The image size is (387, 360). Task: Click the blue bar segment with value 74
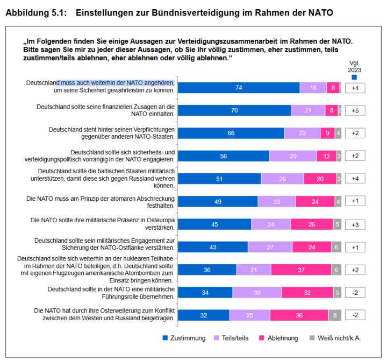click(x=239, y=88)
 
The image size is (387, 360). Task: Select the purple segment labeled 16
click(x=313, y=88)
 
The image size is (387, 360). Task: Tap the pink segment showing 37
click(x=301, y=270)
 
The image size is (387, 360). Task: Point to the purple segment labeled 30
click(x=257, y=293)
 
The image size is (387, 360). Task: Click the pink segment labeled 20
click(x=319, y=179)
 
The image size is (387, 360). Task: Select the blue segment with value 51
click(x=219, y=179)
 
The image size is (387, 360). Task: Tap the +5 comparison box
click(x=355, y=110)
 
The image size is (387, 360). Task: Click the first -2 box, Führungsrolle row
click(x=355, y=293)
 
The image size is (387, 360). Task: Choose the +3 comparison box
click(x=355, y=224)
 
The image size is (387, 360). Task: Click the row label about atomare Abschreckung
click(x=101, y=201)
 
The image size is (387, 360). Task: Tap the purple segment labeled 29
click(x=292, y=156)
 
